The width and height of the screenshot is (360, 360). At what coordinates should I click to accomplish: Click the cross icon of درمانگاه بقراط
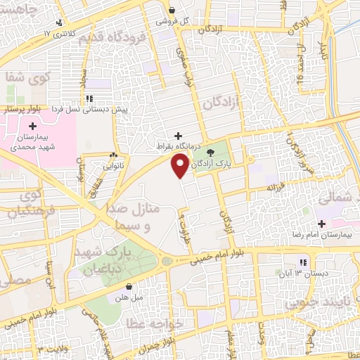point(179,135)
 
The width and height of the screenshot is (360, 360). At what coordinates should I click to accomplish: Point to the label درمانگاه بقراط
point(179,148)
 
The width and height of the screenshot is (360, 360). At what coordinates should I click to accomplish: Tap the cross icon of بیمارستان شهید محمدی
point(33,125)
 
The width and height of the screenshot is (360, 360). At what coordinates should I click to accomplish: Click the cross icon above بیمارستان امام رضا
point(321,223)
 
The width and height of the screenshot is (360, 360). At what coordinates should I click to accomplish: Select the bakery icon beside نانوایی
point(113,154)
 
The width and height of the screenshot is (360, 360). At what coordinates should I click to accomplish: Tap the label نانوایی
point(113,167)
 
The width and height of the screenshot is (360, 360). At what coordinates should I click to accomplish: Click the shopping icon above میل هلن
point(129,287)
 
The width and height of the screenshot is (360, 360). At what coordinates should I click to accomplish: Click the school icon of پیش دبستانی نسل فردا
point(89,98)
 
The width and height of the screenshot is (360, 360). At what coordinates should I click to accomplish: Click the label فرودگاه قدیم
point(112,35)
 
